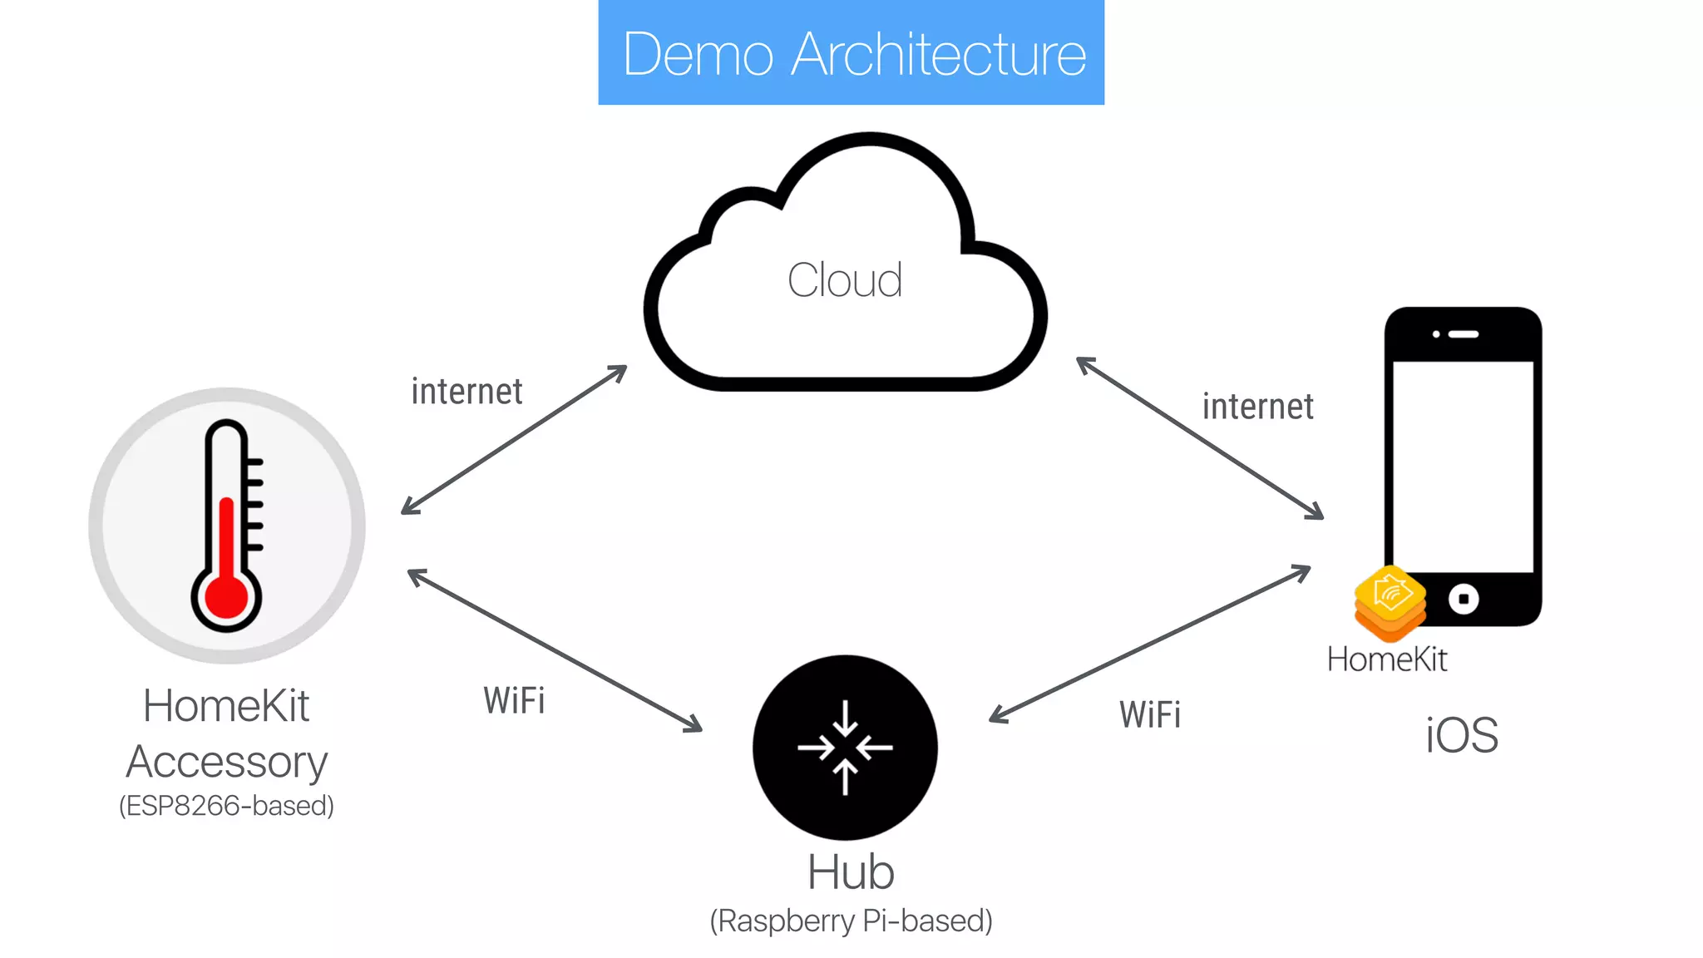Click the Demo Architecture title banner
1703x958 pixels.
click(851, 53)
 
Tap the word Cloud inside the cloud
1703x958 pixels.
click(845, 280)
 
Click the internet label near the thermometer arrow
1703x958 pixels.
click(466, 392)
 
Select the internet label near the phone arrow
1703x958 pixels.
click(1257, 407)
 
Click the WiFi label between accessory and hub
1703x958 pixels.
click(514, 700)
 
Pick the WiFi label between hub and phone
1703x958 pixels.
click(1149, 715)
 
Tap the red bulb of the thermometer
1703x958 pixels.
click(226, 595)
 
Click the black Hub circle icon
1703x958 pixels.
click(845, 747)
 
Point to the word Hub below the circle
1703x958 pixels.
click(850, 872)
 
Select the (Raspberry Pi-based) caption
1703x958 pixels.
click(851, 921)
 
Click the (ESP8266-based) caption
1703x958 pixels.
click(226, 806)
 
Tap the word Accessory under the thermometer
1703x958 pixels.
click(226, 762)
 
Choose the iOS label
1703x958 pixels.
click(1461, 735)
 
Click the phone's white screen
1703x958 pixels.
click(1463, 466)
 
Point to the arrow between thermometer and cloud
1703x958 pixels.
click(514, 439)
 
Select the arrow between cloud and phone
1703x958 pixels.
click(1199, 437)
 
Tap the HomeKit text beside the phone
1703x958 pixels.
click(1386, 659)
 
